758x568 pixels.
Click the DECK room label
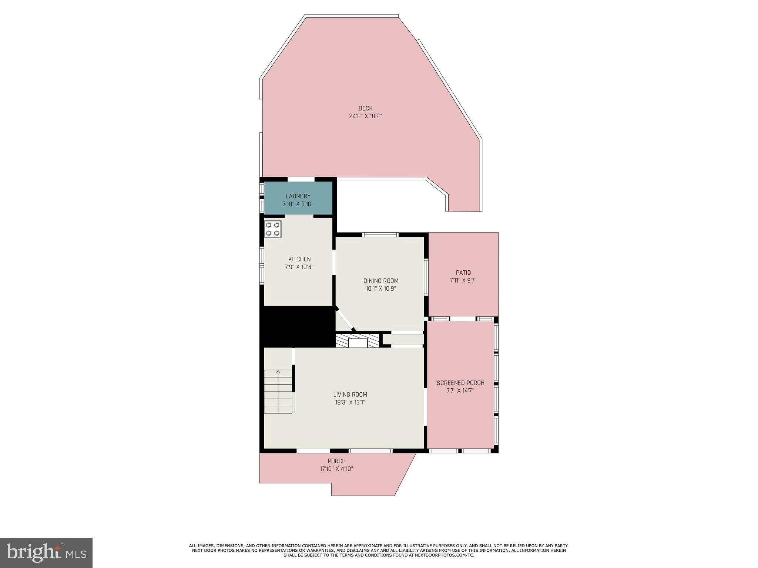tap(365, 108)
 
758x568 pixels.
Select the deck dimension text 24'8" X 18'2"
tap(365, 116)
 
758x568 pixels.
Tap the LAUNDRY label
tap(298, 196)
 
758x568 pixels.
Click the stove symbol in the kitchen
tap(272, 229)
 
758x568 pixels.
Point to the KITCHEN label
tap(299, 259)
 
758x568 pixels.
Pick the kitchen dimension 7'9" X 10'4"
tap(299, 267)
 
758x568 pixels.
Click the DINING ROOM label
tap(381, 281)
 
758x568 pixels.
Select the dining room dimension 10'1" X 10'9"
tap(381, 288)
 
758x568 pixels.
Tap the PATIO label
tap(463, 273)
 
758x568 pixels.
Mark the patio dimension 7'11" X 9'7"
tap(463, 280)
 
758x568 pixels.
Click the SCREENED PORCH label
tap(460, 383)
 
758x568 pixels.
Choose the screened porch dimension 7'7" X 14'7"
tap(460, 390)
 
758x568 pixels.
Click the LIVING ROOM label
tap(350, 395)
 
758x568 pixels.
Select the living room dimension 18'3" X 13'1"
tap(350, 402)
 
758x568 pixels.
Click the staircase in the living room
tap(278, 392)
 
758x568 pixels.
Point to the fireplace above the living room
tap(358, 341)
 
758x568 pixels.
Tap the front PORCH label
tap(336, 461)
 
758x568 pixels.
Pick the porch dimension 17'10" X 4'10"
tap(336, 469)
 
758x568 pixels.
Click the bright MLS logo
tap(46, 552)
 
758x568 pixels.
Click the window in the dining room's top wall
tap(380, 234)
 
